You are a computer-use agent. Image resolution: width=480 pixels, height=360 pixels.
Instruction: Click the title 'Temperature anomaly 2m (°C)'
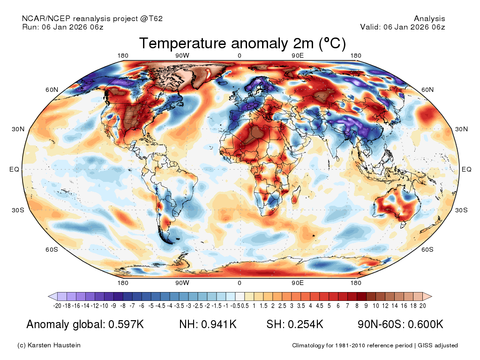coord(242,44)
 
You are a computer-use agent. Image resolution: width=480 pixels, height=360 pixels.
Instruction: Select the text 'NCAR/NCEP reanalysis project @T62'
coord(92,19)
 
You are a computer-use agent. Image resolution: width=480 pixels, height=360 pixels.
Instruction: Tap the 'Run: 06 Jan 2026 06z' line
coord(63,27)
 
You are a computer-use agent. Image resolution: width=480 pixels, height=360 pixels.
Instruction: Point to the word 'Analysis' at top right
coord(429,19)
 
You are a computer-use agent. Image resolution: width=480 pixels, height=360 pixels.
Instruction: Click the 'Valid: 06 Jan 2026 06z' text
coord(402,27)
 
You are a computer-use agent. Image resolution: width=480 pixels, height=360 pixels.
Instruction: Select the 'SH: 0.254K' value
coord(295,324)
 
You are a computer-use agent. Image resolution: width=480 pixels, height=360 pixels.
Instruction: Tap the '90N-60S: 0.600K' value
coord(400,324)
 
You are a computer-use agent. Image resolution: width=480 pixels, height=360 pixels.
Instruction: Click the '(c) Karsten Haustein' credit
coord(49,345)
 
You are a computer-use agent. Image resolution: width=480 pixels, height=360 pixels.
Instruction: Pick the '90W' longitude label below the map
coord(182,283)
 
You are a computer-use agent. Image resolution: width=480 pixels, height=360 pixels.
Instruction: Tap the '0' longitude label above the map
coord(239,56)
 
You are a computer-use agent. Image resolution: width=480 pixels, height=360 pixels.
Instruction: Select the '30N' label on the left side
coord(17,129)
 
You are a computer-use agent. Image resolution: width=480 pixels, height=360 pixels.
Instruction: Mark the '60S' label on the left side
coord(52,249)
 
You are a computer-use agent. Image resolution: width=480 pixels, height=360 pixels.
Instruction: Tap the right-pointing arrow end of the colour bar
coord(427,296)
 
